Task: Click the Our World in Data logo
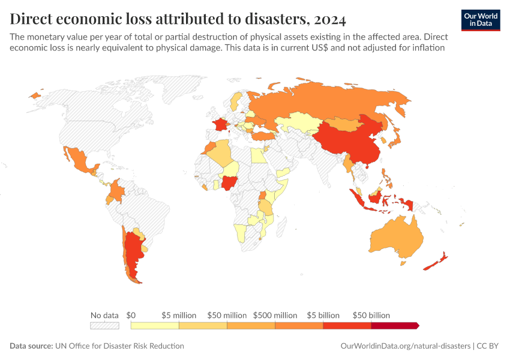pos(481,20)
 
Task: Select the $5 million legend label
pos(179,315)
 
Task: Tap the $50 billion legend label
pos(371,315)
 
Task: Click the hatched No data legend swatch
pos(104,325)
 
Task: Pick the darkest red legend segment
pos(394,325)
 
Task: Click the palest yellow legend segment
pos(155,325)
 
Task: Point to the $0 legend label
pos(131,315)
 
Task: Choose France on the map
pos(220,126)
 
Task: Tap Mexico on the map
pos(78,159)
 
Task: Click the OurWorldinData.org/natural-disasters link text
pos(405,346)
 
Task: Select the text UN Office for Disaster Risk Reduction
pos(119,346)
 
